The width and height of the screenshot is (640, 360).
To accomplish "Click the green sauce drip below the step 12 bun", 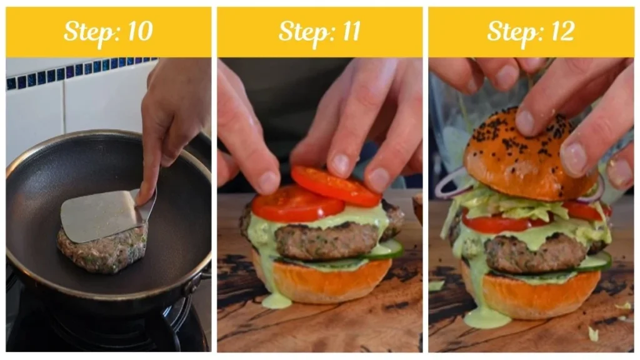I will click(x=487, y=316).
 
